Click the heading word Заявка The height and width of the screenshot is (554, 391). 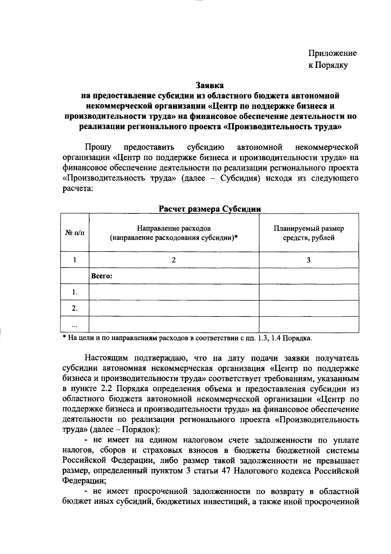210,85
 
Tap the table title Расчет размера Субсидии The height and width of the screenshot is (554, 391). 210,209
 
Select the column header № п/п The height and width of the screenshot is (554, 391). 75,233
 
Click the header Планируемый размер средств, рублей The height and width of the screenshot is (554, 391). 308,233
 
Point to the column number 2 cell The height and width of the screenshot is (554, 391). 174,260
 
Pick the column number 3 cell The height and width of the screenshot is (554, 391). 308,260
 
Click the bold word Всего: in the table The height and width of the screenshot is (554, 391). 102,276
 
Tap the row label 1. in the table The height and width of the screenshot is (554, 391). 75,292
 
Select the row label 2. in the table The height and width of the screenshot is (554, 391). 75,308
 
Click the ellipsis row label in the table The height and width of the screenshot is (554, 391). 75,325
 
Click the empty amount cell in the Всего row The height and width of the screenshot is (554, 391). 308,276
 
